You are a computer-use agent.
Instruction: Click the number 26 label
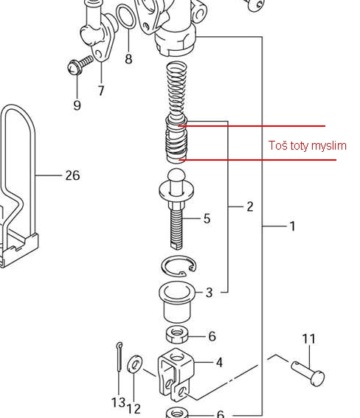coord(72,175)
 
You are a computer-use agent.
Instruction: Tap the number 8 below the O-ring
coord(128,59)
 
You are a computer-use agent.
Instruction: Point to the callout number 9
coord(77,105)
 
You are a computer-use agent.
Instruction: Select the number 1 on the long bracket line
coord(293,226)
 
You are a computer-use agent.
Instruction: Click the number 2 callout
coord(250,206)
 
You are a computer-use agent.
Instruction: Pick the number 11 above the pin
coord(309,339)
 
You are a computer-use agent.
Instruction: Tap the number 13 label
coord(118,403)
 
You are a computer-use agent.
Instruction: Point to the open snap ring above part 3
coord(179,267)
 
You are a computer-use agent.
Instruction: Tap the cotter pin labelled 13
coord(120,357)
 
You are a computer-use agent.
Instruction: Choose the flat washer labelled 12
coord(134,364)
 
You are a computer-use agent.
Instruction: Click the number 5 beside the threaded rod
coord(207,219)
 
